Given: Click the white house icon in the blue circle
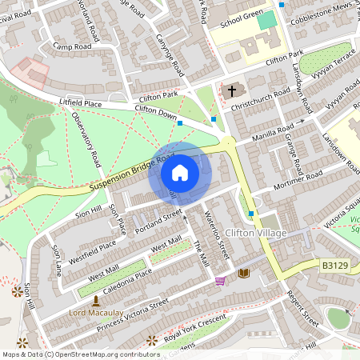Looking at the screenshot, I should coord(180,172).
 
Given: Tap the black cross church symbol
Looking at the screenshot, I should coord(233,90).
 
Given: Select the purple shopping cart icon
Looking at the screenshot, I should coord(220,281).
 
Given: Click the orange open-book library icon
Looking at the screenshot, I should coord(244,274).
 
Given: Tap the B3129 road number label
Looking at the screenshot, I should coord(337,264).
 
